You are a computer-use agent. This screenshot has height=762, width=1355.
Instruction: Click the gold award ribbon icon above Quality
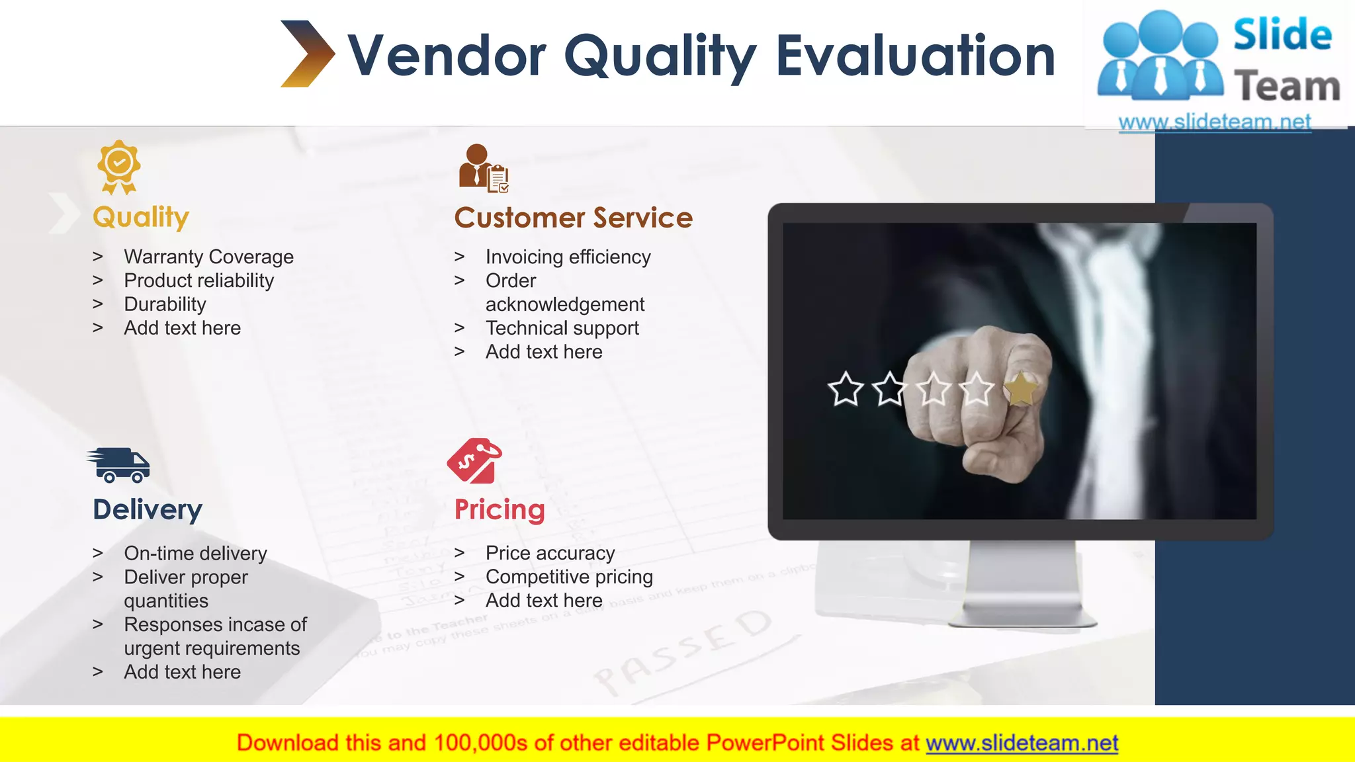click(119, 166)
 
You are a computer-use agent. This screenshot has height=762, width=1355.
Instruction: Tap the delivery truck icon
click(119, 465)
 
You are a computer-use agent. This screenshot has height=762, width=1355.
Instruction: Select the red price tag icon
click(474, 460)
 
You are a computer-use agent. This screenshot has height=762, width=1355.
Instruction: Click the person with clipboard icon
click(484, 169)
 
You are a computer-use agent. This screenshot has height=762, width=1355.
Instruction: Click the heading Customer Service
click(573, 218)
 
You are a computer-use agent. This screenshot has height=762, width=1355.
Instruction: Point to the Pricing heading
click(500, 510)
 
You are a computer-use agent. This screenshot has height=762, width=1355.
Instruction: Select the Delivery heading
click(148, 510)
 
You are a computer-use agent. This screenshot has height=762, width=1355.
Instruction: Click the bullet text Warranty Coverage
click(208, 257)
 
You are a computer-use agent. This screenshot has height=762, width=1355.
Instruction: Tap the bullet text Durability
click(165, 304)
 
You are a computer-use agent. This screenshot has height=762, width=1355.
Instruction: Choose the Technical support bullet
click(562, 328)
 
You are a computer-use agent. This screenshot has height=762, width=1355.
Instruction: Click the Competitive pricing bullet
click(569, 577)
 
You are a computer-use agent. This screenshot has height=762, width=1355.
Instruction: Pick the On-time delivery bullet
click(195, 553)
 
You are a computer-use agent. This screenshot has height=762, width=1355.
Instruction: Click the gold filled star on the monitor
click(1020, 389)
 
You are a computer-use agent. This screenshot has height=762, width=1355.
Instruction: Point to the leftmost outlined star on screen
click(846, 389)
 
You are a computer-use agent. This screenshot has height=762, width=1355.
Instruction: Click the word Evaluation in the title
click(915, 56)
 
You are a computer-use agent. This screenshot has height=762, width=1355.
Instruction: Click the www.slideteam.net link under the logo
click(1214, 122)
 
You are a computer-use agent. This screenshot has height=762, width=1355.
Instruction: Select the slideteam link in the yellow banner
click(1022, 743)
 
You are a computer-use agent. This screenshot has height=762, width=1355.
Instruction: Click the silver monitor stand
click(1022, 585)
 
